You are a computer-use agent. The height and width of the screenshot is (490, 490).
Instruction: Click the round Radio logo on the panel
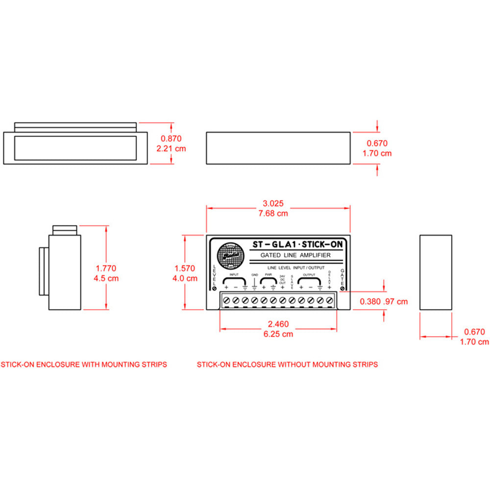[229, 256]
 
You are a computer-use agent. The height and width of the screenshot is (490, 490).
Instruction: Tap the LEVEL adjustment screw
[215, 289]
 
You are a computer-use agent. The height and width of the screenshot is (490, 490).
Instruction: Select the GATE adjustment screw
[342, 289]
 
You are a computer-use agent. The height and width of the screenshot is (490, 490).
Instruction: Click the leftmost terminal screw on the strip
[226, 299]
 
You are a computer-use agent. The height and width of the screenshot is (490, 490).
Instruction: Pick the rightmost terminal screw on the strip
[329, 299]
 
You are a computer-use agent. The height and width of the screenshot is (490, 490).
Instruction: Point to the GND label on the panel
[254, 275]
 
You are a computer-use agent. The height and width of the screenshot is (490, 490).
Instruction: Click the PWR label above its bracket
[269, 275]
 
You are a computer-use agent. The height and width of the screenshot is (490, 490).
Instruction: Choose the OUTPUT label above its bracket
[310, 275]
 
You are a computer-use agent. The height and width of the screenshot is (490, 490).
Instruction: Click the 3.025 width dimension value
[273, 203]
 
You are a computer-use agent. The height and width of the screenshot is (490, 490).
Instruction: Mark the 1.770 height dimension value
[105, 268]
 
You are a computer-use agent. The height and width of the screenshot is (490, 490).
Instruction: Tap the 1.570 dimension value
[185, 268]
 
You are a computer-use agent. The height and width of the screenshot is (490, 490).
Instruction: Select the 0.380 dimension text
[370, 301]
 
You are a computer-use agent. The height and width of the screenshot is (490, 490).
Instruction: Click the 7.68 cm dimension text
[273, 213]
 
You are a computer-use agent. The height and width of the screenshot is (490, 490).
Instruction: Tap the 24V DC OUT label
[282, 279]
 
